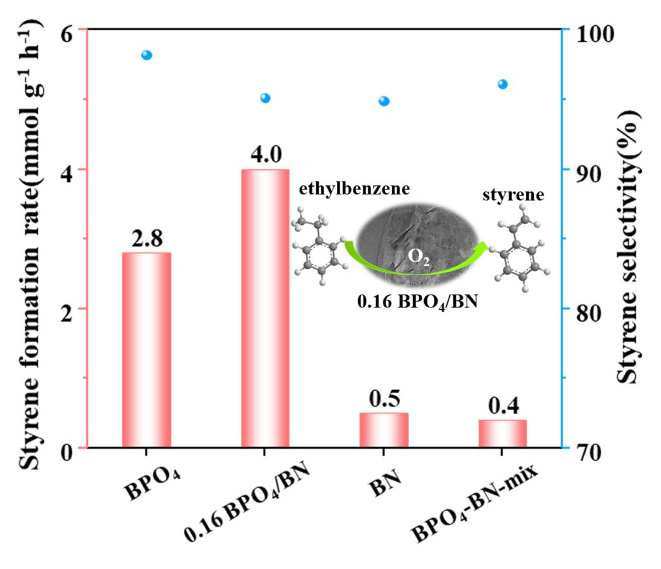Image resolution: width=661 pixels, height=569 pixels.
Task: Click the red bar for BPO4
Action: coord(147,349)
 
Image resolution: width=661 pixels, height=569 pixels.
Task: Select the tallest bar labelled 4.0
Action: coord(265,308)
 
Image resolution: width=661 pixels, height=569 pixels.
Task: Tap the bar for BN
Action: coord(384,429)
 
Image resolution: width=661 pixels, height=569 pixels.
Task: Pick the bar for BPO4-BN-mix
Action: coord(503,433)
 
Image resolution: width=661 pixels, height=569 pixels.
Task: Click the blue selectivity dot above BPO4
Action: coord(147,55)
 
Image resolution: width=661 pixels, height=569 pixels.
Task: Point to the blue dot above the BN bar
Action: coord(384,101)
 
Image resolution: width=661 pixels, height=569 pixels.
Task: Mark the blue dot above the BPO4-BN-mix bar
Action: coord(503,84)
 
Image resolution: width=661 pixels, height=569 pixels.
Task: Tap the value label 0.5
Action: coord(384,398)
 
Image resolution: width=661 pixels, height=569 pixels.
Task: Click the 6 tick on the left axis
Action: coord(65,30)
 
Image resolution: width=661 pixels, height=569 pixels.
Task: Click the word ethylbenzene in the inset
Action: coord(345,189)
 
